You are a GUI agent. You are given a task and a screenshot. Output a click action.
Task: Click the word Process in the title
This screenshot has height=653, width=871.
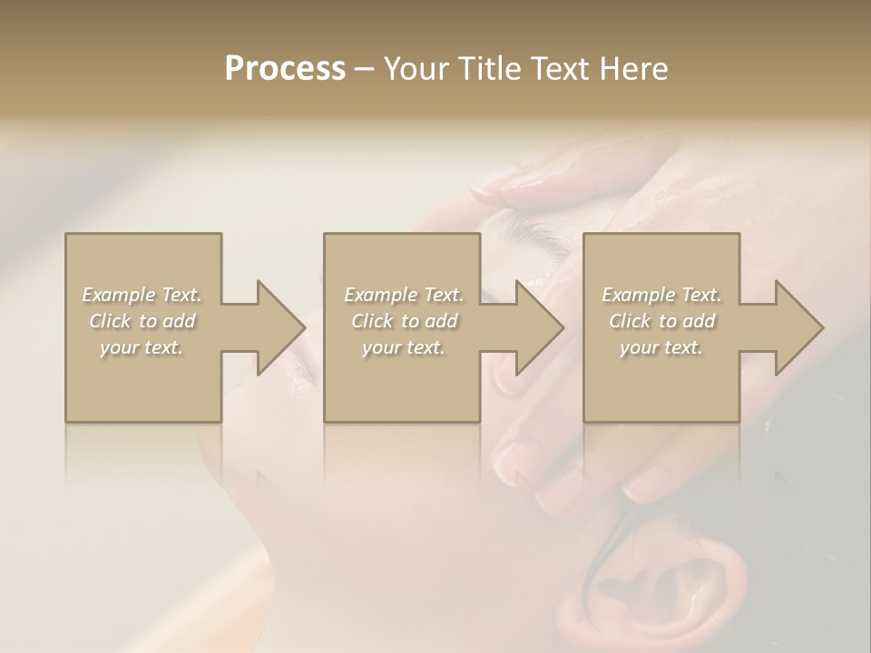[x=285, y=69]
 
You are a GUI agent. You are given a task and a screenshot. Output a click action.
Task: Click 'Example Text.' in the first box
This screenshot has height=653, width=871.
[x=142, y=295]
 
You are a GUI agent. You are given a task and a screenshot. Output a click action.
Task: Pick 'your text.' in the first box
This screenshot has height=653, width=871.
[x=142, y=347]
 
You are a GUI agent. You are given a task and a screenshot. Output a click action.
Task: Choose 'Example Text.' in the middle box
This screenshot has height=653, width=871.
[x=404, y=295]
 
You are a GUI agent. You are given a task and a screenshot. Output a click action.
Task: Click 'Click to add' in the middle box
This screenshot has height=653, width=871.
[x=404, y=321]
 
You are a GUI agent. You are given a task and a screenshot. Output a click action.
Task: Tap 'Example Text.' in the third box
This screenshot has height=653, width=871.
[x=661, y=295]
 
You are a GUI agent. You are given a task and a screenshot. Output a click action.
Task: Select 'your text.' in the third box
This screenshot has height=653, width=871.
[x=661, y=347]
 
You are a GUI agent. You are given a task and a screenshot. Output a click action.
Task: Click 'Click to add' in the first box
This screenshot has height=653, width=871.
[x=142, y=321]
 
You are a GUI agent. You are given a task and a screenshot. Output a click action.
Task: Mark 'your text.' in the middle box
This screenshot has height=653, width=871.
[x=404, y=347]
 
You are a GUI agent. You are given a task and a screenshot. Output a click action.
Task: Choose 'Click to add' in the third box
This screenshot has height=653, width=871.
[x=661, y=321]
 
